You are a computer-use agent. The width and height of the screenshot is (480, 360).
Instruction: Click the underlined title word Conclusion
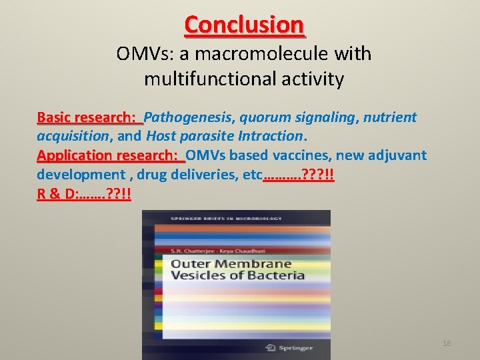coord(244,25)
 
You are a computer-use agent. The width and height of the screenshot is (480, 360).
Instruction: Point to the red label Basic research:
coord(89,118)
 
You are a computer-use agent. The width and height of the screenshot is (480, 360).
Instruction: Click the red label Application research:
coord(110,156)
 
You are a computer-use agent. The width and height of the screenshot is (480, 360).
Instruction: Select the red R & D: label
coord(57,195)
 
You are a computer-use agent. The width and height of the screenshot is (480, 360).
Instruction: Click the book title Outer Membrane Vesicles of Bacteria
coord(237,269)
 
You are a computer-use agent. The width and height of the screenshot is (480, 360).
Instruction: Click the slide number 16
coord(447,343)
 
